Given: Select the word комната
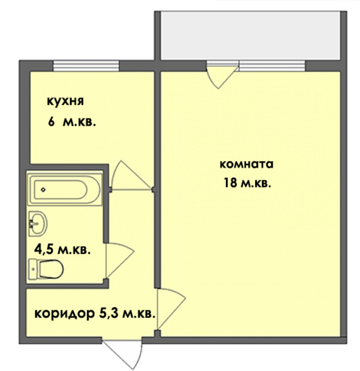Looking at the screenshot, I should [246, 164].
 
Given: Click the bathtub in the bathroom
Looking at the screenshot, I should [64, 190].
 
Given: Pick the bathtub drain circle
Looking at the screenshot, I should [43, 190].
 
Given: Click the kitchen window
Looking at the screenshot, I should [86, 66].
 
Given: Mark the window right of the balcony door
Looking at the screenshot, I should [272, 66].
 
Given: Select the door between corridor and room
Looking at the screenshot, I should [169, 308].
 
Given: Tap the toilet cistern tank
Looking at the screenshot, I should [33, 269].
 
